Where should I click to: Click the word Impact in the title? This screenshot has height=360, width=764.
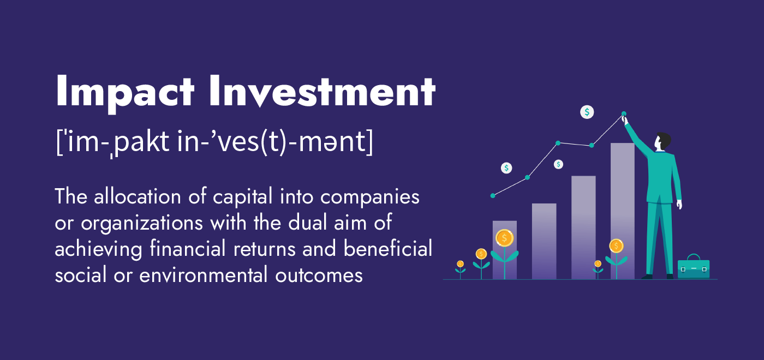pyautogui.click(x=125, y=91)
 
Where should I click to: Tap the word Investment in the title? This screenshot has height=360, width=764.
pyautogui.click(x=322, y=91)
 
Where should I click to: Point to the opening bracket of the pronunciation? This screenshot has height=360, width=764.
pyautogui.click(x=59, y=142)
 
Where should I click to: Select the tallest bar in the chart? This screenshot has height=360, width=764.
pyautogui.click(x=622, y=210)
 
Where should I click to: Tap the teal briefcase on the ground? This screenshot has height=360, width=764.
pyautogui.click(x=693, y=268)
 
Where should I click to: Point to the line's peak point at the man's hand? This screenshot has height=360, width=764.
pyautogui.click(x=624, y=115)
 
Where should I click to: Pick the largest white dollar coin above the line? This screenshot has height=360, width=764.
pyautogui.click(x=587, y=112)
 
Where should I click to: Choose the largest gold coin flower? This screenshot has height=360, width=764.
pyautogui.click(x=504, y=238)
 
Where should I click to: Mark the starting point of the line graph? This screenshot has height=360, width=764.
pyautogui.click(x=493, y=195)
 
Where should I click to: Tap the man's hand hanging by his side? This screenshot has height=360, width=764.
pyautogui.click(x=679, y=205)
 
